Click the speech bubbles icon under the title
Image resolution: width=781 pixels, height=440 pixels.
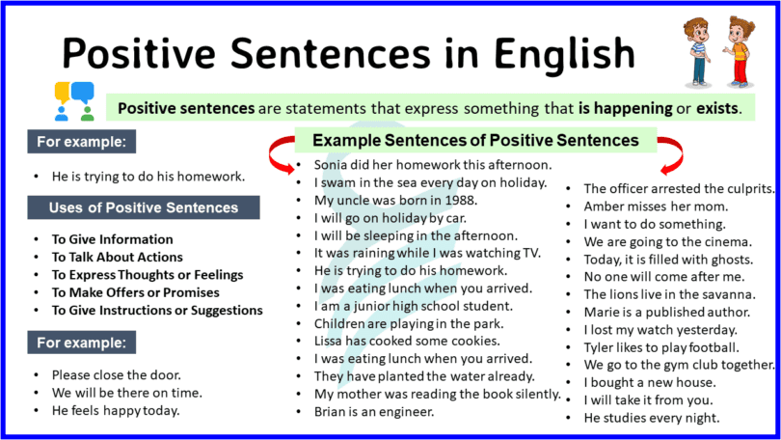[74, 100]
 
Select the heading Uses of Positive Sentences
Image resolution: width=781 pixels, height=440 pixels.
[144, 207]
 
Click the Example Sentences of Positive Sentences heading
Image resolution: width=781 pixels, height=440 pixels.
[475, 141]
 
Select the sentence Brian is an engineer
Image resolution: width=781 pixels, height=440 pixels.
[373, 411]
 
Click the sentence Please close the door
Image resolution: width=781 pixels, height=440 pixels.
[110, 375]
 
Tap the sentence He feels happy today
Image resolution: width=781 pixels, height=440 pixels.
[116, 411]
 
